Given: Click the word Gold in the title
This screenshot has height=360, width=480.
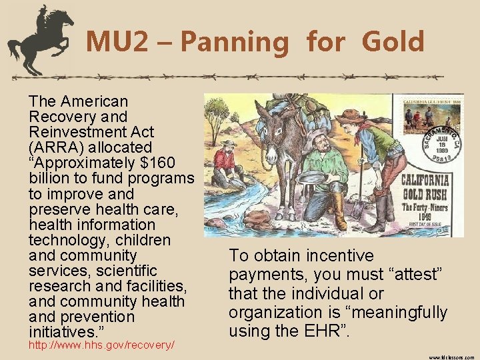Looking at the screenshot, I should pyautogui.click(x=393, y=42).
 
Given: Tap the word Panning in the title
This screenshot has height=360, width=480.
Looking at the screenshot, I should pyautogui.click(x=234, y=43).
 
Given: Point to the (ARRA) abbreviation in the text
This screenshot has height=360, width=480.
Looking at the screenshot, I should pyautogui.click(x=57, y=147).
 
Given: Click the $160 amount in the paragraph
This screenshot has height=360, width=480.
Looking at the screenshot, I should pyautogui.click(x=173, y=163).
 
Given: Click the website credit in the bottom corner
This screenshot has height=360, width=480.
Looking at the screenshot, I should pyautogui.click(x=452, y=356).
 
